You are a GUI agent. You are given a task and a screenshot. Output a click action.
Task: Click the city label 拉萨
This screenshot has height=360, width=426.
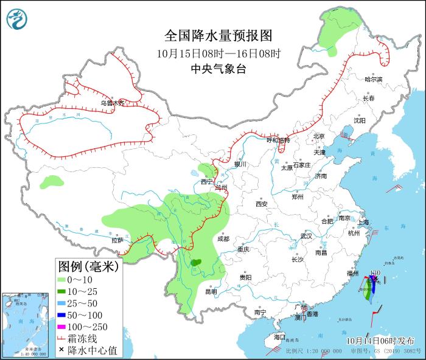point(117,240)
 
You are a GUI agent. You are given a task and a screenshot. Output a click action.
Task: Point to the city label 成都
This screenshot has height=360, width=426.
point(223,239)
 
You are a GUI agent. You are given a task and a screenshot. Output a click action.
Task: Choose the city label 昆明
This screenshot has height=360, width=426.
point(211,291)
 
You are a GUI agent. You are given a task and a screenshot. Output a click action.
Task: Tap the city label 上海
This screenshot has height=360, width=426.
point(365,223)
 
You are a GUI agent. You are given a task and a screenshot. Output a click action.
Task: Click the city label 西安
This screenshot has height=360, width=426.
point(262,204)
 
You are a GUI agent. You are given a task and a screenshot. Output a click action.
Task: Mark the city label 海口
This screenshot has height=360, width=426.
point(279,336)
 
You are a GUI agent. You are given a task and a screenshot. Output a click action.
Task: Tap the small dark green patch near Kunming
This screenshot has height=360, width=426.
point(195,263)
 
